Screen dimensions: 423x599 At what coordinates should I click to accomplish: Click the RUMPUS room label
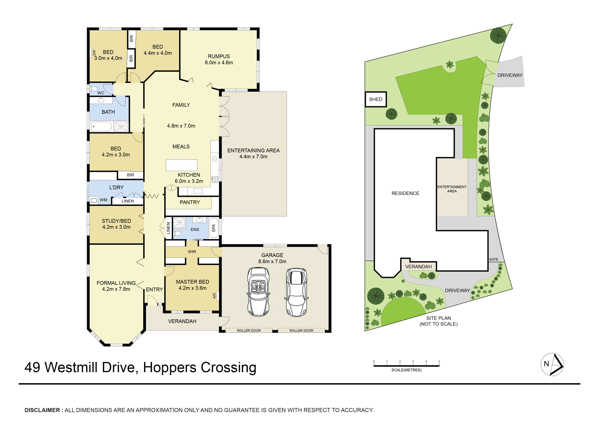(x=219, y=56)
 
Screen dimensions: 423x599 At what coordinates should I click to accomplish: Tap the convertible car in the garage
(x=258, y=292)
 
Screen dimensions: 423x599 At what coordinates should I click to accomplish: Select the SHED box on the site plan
(x=375, y=99)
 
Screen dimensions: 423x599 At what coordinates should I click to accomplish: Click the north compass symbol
(x=552, y=364)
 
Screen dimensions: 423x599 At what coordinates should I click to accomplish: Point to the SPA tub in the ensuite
(x=214, y=228)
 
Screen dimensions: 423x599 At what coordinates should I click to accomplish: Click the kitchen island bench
(x=181, y=165)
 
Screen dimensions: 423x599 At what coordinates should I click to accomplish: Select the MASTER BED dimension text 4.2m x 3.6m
(x=193, y=288)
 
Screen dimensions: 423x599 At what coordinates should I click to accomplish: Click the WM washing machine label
(x=103, y=200)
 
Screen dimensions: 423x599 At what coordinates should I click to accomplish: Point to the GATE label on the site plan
(x=493, y=259)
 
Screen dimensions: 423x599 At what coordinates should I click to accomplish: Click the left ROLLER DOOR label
(x=249, y=331)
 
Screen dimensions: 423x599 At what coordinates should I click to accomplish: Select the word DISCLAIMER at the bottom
(x=42, y=410)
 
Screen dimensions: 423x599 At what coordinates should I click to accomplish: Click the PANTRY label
(x=190, y=202)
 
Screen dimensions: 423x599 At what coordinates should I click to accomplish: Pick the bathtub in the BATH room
(x=101, y=127)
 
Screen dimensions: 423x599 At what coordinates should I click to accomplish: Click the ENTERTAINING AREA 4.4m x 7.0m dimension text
(x=253, y=157)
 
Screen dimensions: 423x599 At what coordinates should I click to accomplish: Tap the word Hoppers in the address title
(x=170, y=368)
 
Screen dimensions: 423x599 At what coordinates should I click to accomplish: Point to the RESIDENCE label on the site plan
(x=405, y=193)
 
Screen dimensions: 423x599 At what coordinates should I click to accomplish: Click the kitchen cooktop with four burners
(x=215, y=180)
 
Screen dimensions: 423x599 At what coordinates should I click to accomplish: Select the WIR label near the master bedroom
(x=192, y=252)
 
